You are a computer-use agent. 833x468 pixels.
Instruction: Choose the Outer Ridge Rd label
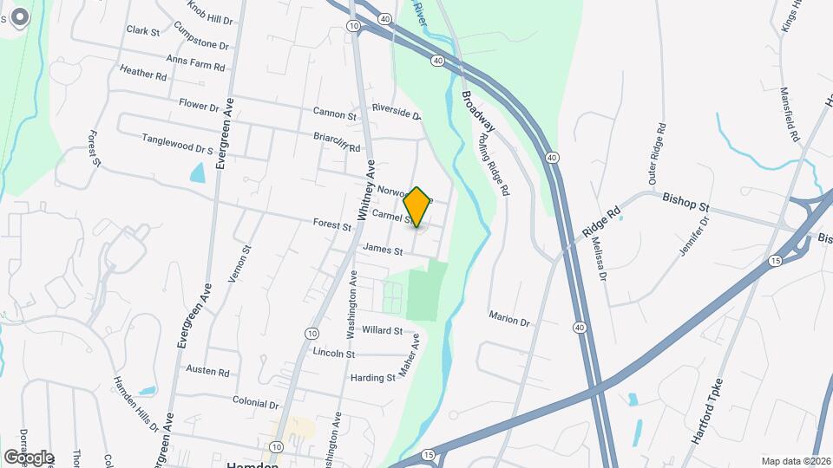[656, 153]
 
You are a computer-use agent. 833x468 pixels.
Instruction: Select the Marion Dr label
[508, 319]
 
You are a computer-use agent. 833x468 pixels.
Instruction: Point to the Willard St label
[383, 330]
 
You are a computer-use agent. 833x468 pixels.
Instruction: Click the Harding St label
[372, 378]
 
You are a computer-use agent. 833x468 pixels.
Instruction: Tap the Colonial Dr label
[255, 403]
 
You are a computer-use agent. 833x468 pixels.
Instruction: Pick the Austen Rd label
[208, 371]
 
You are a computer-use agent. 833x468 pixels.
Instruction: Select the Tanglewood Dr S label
[177, 143]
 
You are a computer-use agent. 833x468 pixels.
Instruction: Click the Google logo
[28, 457]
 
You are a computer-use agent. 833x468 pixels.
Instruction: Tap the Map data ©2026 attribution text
[795, 461]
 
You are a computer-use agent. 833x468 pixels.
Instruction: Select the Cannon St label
[335, 114]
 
